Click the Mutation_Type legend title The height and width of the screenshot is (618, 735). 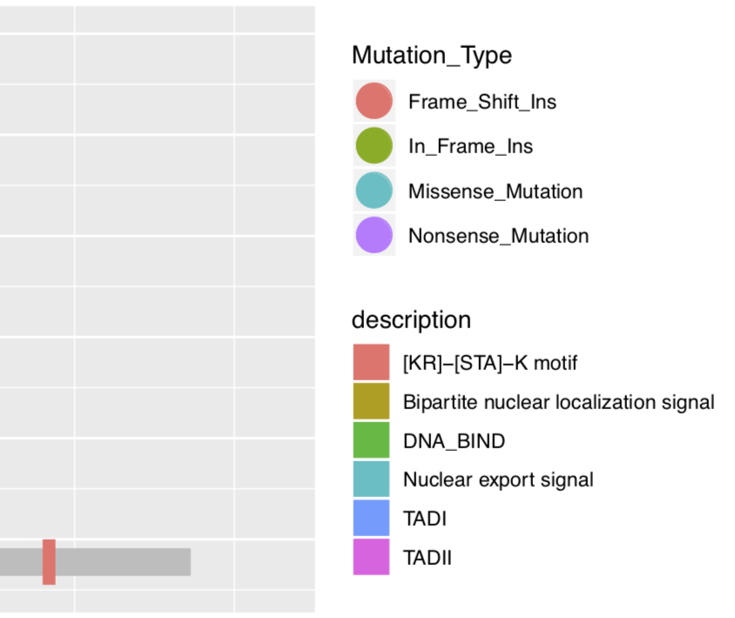(x=431, y=56)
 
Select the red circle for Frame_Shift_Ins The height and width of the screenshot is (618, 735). (x=374, y=101)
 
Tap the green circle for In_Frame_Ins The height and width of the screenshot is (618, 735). (x=374, y=145)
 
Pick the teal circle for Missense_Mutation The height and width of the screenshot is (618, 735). (x=374, y=191)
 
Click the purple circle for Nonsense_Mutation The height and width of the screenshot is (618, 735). (x=374, y=235)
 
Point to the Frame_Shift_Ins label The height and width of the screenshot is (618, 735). (x=482, y=102)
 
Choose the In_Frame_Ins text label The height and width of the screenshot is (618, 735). (x=470, y=146)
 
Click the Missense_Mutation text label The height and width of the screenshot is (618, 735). (x=495, y=191)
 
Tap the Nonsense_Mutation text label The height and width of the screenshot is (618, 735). (x=498, y=236)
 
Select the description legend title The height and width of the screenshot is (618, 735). (x=411, y=319)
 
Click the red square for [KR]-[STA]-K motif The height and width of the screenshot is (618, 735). (x=371, y=362)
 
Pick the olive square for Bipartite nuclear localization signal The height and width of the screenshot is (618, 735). (x=371, y=401)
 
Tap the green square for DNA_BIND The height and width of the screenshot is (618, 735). (x=371, y=440)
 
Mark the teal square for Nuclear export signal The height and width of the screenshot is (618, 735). (x=371, y=479)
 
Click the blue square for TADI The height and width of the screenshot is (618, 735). (x=371, y=518)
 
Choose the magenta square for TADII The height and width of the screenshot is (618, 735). (x=371, y=557)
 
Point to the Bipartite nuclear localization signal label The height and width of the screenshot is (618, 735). (x=558, y=402)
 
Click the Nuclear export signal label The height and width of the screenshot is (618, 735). (x=497, y=480)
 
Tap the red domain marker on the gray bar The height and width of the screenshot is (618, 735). (x=49, y=561)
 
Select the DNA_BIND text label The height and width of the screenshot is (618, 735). (x=454, y=441)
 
